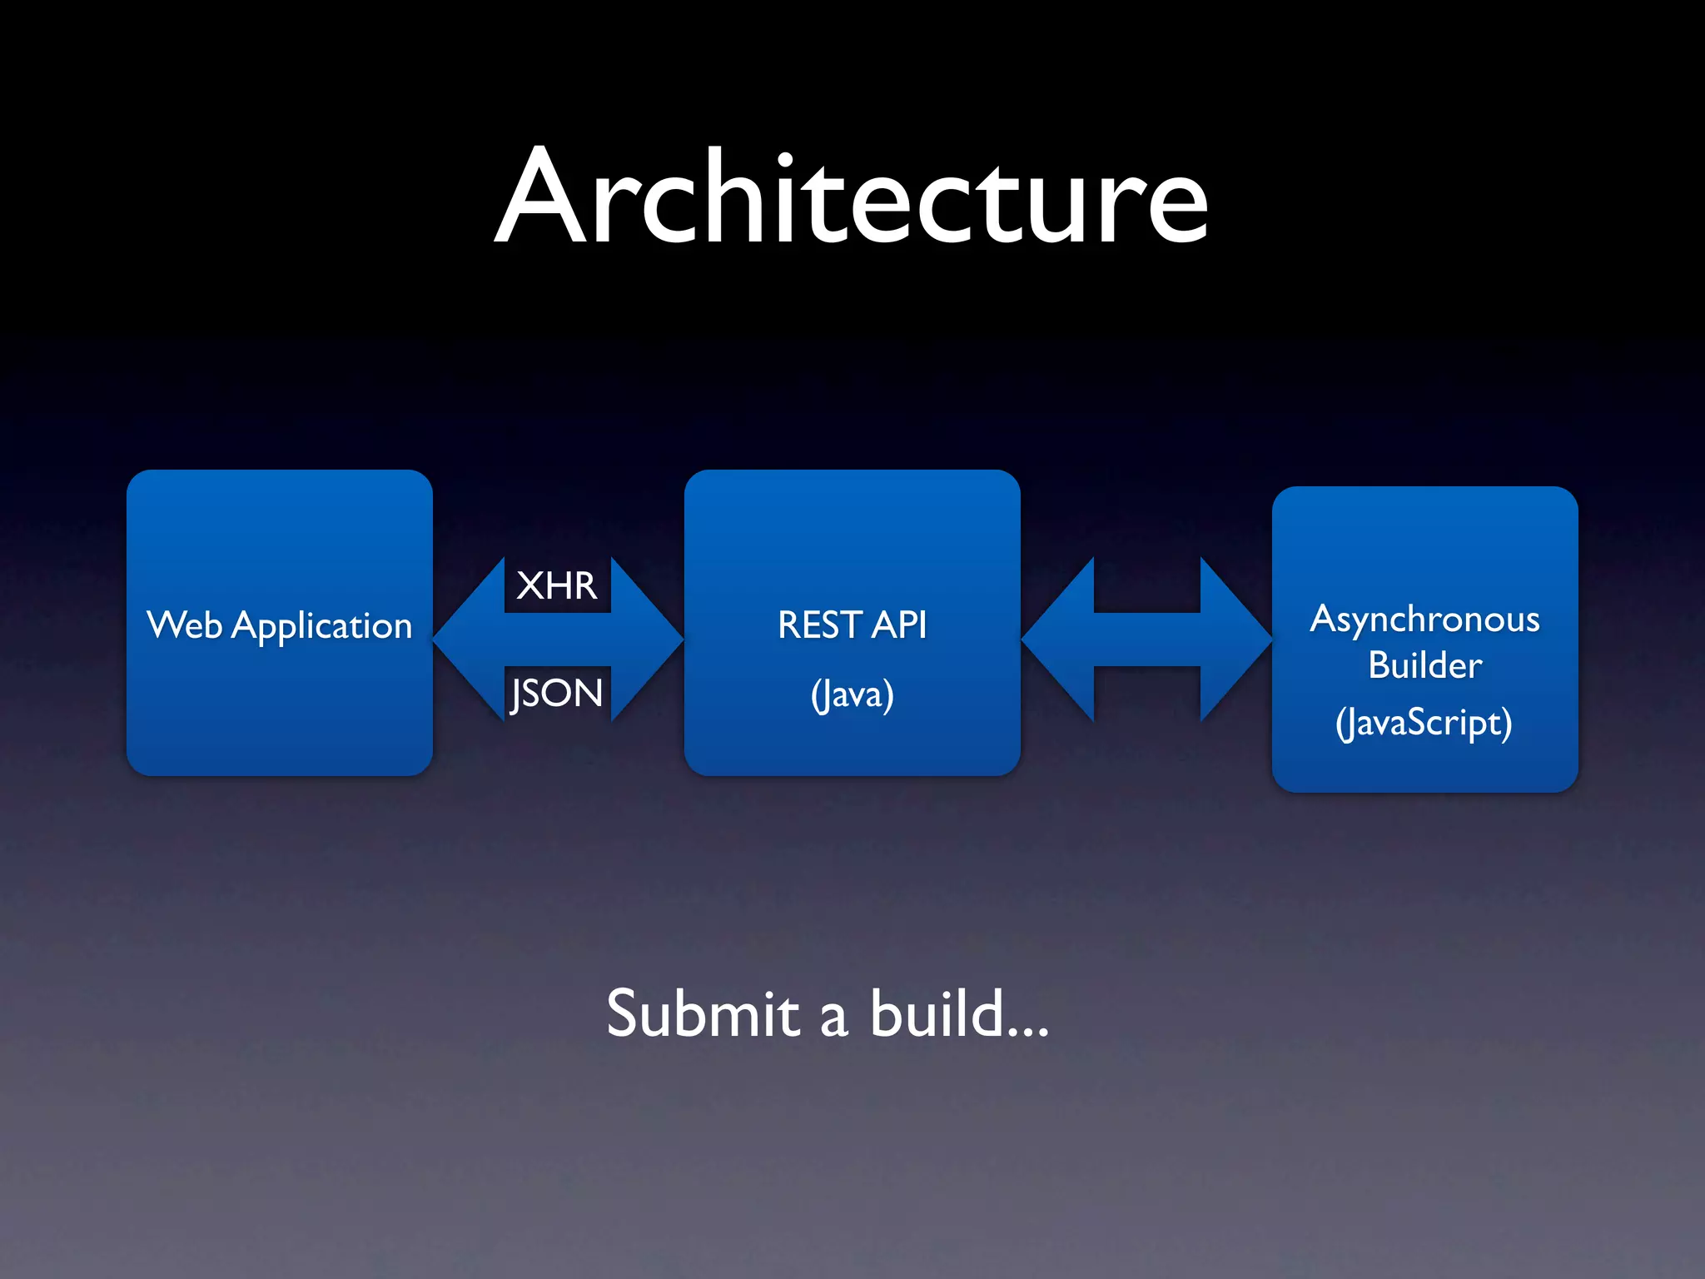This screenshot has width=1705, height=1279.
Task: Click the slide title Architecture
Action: point(851,200)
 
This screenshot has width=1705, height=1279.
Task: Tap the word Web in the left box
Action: point(184,625)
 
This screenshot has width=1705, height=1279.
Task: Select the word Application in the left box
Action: point(321,626)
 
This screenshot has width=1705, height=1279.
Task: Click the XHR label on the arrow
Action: point(556,585)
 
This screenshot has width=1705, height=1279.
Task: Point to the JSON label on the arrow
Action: point(556,693)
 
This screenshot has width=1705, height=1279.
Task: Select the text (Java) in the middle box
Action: point(852,694)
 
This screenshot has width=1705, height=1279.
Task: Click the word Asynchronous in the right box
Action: point(1424,620)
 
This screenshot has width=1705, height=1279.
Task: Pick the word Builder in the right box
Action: point(1424,665)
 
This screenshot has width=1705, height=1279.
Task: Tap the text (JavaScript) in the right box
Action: point(1424,722)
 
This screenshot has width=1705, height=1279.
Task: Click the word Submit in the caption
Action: point(703,1013)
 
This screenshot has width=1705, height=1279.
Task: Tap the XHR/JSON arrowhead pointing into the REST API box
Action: point(649,639)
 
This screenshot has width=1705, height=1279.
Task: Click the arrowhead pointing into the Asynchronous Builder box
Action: point(1236,639)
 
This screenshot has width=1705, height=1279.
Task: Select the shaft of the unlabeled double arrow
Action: point(1146,639)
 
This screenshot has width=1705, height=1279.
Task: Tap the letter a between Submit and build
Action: point(833,1020)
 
